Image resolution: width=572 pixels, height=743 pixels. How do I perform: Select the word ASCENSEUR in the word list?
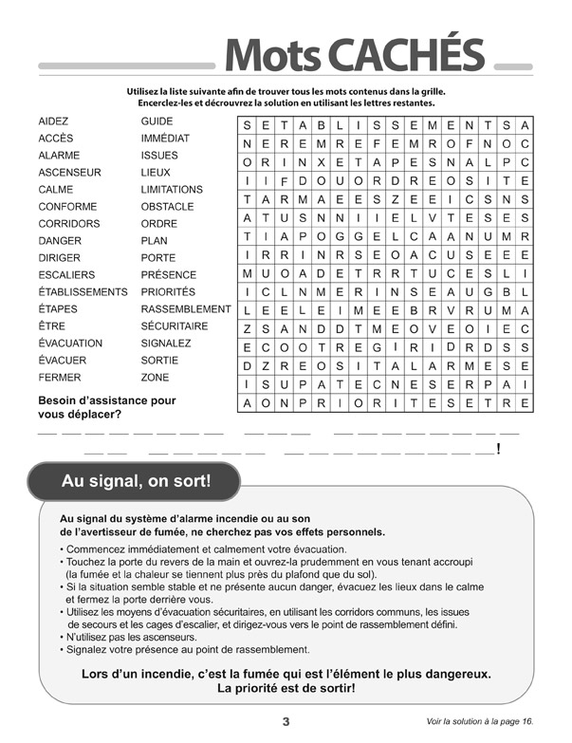[x=69, y=173]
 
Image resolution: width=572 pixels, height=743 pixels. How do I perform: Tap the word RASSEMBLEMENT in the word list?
[x=186, y=309]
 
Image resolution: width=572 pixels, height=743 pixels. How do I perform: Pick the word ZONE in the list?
[x=155, y=378]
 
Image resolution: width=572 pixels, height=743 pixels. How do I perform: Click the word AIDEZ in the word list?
[x=53, y=121]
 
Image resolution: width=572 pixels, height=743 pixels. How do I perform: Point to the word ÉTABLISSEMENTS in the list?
[x=83, y=292]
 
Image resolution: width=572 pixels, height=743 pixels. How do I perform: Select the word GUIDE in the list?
[x=157, y=121]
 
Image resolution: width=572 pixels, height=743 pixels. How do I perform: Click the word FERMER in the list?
[x=60, y=378]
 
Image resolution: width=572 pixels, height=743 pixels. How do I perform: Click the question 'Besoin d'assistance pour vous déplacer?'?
[x=106, y=407]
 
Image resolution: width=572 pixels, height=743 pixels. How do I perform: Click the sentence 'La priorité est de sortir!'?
[x=286, y=687]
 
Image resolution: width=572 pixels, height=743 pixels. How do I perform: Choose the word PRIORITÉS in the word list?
[x=168, y=292]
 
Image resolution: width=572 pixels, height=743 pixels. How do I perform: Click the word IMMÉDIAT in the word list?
[x=165, y=139]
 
